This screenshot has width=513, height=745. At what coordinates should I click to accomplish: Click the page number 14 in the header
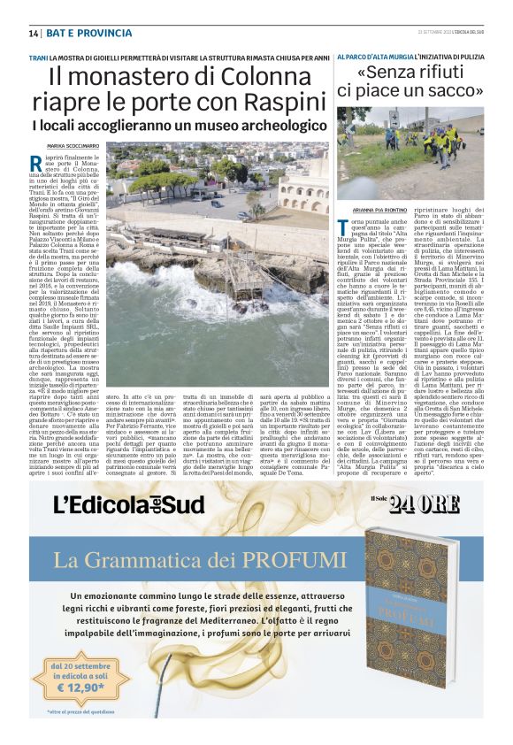click(x=34, y=33)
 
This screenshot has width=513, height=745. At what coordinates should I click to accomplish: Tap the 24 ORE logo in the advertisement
click(x=426, y=503)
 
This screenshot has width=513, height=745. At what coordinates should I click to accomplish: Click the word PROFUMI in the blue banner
click(x=283, y=559)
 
